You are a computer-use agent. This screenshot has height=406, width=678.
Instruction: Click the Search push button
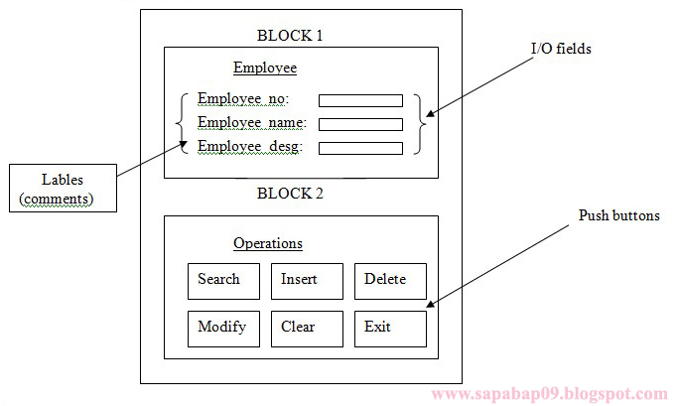[x=223, y=281]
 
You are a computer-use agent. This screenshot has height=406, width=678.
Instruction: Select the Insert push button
[x=307, y=281]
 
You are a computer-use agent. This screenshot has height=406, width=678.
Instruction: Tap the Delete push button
[x=390, y=281]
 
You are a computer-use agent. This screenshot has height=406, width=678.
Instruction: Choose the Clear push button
[x=307, y=329]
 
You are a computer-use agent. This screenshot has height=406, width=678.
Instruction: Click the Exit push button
[x=390, y=329]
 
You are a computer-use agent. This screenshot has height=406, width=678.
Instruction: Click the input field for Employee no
[x=360, y=100]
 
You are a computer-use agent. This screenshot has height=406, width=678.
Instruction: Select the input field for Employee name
[x=360, y=124]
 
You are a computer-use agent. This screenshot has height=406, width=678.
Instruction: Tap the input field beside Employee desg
[x=360, y=148]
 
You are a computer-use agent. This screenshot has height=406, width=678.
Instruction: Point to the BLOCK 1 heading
[x=290, y=36]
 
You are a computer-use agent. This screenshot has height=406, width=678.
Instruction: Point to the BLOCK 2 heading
[x=290, y=194]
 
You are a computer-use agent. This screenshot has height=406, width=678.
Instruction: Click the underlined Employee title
[x=265, y=68]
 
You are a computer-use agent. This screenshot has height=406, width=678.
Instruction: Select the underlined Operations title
[x=268, y=243]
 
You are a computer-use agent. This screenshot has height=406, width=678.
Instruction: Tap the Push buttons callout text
[x=618, y=215]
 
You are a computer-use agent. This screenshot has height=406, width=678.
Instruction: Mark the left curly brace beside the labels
[x=181, y=124]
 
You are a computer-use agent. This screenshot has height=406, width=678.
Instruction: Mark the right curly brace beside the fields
[x=421, y=124]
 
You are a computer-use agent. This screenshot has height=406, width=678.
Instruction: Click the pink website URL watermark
[x=549, y=394]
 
